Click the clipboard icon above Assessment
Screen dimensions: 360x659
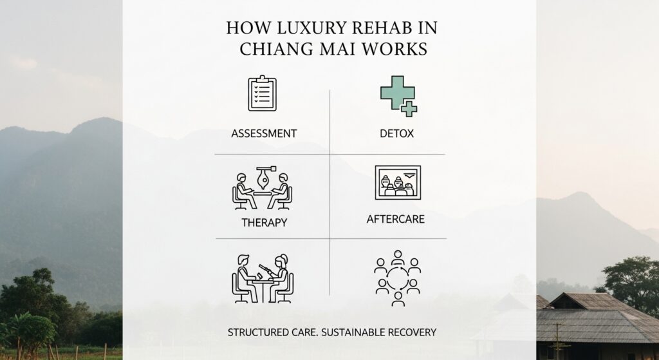[x=262, y=95]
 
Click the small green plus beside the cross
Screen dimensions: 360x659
[x=409, y=109]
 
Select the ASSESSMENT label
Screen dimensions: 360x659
[x=264, y=134]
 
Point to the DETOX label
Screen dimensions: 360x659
[x=397, y=134]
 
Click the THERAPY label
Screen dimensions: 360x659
[x=264, y=222]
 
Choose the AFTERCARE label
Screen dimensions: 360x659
[x=395, y=219]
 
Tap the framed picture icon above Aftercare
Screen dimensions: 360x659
[x=397, y=182]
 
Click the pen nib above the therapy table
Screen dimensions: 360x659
[x=263, y=174]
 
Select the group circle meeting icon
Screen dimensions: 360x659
[x=397, y=278]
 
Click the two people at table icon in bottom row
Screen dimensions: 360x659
[x=263, y=278]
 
